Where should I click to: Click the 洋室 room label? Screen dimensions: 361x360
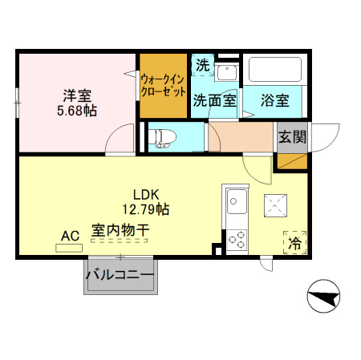point(77,95)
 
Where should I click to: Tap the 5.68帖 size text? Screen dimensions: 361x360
point(77,111)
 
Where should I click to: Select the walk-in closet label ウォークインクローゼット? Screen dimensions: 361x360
point(163,86)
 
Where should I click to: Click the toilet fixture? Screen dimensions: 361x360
point(162,138)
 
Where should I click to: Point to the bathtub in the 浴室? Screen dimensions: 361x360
point(275,70)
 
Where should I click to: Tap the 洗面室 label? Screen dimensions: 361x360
point(215,100)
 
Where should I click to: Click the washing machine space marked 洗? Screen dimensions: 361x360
point(203,65)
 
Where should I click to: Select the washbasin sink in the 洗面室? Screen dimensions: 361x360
point(227,72)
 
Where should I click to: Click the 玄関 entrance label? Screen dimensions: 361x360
point(292,137)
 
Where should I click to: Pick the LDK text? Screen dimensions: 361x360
point(146,195)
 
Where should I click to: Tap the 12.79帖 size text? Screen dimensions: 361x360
point(146,209)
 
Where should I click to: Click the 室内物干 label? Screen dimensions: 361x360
point(120,230)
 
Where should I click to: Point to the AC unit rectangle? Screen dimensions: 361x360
point(69,248)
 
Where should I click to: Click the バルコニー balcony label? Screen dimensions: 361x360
point(120,275)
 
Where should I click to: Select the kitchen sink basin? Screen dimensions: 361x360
point(237,201)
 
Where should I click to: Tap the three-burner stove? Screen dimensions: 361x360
point(237,240)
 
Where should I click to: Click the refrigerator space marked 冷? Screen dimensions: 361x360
point(294,242)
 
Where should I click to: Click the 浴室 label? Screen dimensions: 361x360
point(275,100)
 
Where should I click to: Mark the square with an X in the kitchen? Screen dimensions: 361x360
point(275,205)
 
